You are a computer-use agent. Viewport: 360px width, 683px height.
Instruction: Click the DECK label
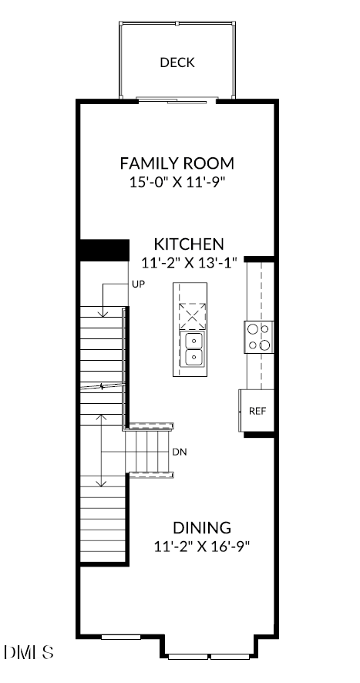click(x=177, y=62)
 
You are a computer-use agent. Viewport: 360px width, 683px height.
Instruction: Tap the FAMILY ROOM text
click(x=177, y=163)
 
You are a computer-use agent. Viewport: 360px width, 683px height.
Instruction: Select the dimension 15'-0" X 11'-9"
click(x=177, y=183)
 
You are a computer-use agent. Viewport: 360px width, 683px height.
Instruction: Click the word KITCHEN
click(x=189, y=244)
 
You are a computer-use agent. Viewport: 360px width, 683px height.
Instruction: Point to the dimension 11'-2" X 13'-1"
click(x=189, y=262)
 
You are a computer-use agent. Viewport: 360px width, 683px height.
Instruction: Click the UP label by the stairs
click(x=138, y=284)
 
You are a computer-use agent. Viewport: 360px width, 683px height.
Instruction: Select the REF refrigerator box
click(x=257, y=411)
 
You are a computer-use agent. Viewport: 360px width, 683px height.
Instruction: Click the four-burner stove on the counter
click(x=259, y=337)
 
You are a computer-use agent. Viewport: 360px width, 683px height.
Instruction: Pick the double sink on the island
click(x=193, y=348)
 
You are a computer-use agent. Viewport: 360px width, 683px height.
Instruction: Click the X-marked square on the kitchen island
click(x=193, y=316)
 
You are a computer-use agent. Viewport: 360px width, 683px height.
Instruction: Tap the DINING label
click(x=201, y=528)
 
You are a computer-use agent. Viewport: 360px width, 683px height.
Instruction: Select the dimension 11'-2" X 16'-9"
click(x=201, y=547)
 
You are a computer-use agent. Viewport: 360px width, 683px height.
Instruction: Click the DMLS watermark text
click(x=29, y=653)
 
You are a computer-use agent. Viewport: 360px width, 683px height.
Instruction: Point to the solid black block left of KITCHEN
click(x=103, y=251)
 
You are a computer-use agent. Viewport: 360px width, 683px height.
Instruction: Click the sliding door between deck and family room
click(x=177, y=99)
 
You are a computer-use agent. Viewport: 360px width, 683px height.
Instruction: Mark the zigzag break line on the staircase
click(x=102, y=386)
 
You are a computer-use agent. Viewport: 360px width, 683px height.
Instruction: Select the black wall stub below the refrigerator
click(x=260, y=434)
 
